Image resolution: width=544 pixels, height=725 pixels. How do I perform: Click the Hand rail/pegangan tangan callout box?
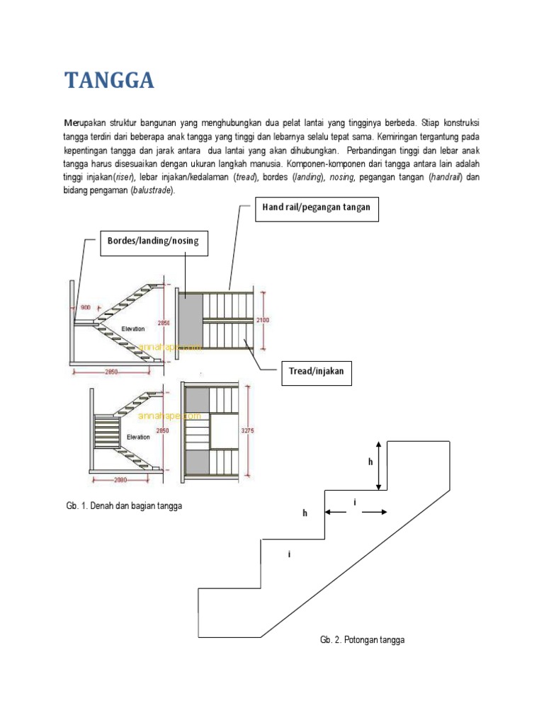[x=316, y=208]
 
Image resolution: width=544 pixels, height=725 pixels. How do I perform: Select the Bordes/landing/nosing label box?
[x=153, y=241]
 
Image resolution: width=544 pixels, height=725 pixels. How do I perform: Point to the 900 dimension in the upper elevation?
[x=85, y=307]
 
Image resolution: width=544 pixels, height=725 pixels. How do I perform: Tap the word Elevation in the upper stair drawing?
[x=133, y=329]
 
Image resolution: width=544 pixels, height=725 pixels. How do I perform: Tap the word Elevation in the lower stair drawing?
[x=138, y=437]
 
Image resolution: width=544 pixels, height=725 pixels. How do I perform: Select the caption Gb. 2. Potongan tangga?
[x=362, y=640]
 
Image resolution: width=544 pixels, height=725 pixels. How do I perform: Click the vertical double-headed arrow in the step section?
[x=380, y=465]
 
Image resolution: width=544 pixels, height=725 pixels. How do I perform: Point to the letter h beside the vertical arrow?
[x=370, y=462]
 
